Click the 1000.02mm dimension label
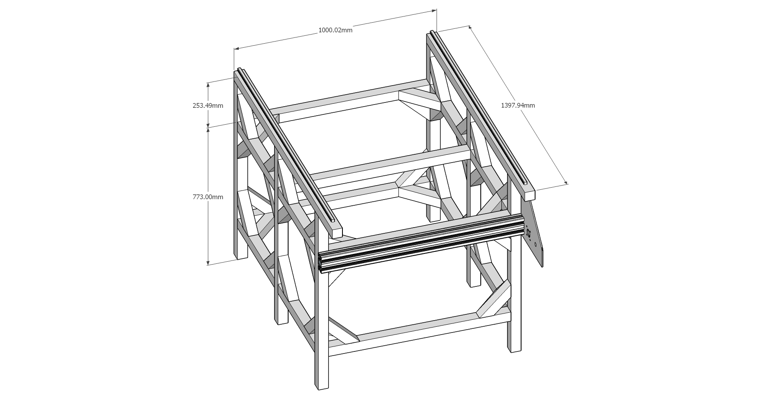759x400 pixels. [x=335, y=30]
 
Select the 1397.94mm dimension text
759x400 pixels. [x=518, y=105]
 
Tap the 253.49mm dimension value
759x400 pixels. [x=208, y=106]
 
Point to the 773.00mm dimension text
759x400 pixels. [x=208, y=197]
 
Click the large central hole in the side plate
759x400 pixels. [x=528, y=234]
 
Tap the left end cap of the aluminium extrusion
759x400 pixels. [x=320, y=263]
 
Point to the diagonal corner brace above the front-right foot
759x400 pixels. [x=494, y=300]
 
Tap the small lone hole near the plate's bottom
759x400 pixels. [x=535, y=244]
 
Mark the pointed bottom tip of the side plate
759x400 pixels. [x=543, y=267]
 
